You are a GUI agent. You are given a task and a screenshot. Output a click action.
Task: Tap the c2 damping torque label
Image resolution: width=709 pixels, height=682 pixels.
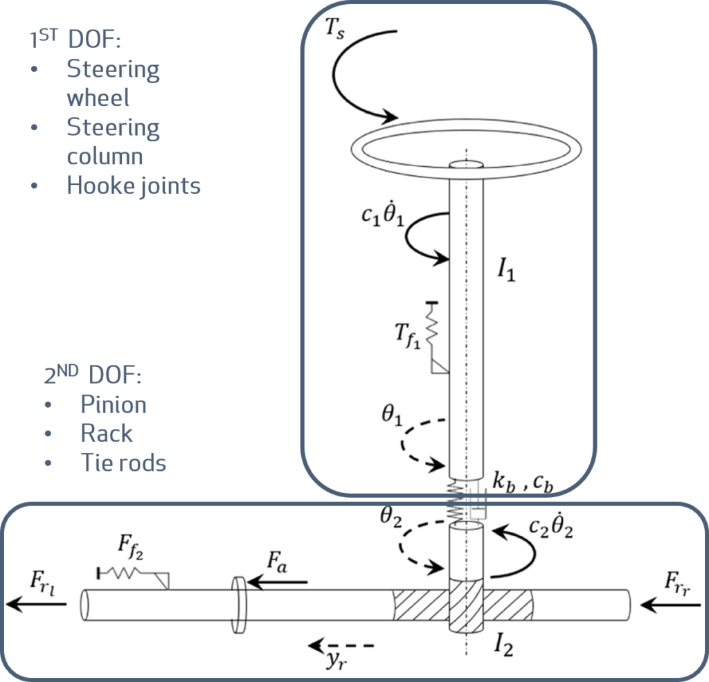coord(553,528)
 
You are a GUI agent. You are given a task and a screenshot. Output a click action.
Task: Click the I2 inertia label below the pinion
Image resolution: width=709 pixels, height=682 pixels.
coord(503,647)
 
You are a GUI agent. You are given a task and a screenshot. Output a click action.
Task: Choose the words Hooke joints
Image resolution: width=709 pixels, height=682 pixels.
coord(133,186)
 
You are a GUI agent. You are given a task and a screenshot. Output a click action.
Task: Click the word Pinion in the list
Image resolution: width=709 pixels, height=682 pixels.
coord(114,404)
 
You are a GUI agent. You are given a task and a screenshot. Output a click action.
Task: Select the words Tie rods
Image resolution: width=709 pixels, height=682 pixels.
coord(123,463)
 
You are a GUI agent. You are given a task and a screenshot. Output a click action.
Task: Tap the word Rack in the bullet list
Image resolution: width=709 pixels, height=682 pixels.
coord(107,433)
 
